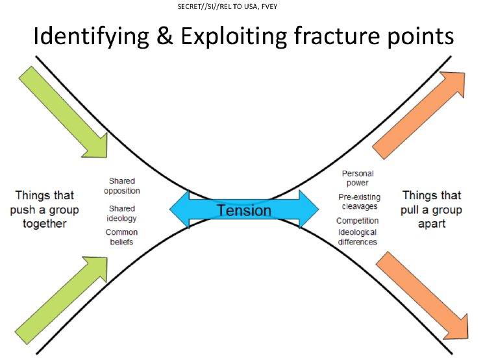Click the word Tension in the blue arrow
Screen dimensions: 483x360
coord(244,210)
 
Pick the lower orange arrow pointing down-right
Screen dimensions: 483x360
coord(423,296)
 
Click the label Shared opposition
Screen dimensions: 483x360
coord(122,186)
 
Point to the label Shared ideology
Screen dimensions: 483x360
coord(121,213)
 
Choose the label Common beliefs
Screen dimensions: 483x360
coord(121,237)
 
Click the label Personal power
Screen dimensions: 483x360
coord(358,178)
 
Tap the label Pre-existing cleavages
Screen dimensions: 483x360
coord(360,202)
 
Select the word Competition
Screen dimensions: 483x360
coord(357,221)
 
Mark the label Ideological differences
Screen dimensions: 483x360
coord(357,237)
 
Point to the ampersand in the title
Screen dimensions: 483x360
coord(165,36)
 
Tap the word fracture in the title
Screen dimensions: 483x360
coord(337,36)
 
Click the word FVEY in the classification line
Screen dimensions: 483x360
coord(269,6)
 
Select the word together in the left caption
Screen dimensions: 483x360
coord(45,224)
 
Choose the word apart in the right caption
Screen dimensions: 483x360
coord(432,224)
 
